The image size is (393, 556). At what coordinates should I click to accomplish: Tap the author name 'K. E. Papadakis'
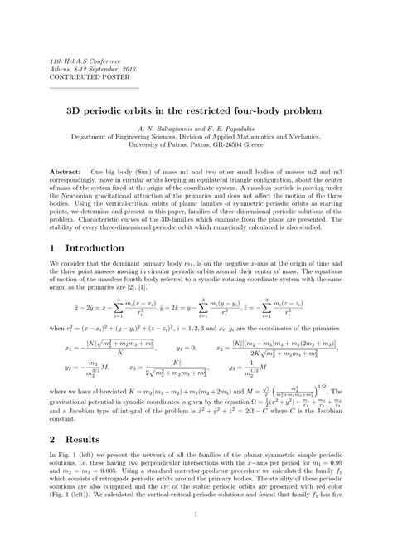tap(240, 132)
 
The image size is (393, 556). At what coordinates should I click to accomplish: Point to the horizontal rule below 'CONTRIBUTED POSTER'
tap(95, 86)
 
